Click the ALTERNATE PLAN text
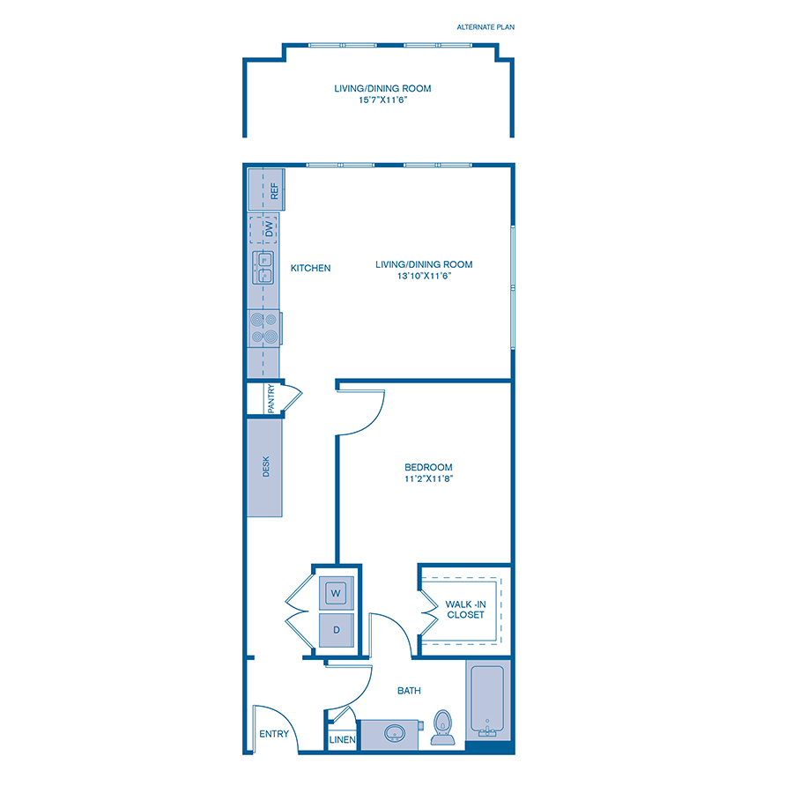click(x=485, y=27)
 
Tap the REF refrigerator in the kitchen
click(x=264, y=189)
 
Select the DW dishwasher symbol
click(x=263, y=231)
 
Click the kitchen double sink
click(x=264, y=267)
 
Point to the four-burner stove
click(x=263, y=328)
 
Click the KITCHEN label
click(x=311, y=268)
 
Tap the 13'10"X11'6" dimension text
click(x=424, y=276)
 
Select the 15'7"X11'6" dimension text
click(x=382, y=100)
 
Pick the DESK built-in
click(x=265, y=467)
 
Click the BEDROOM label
click(x=428, y=467)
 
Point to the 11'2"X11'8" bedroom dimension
click(x=428, y=479)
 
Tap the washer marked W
click(x=336, y=593)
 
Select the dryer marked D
click(x=336, y=631)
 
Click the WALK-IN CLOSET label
click(x=465, y=609)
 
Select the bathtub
click(x=486, y=702)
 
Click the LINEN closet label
click(x=342, y=740)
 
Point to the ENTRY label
click(x=272, y=734)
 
